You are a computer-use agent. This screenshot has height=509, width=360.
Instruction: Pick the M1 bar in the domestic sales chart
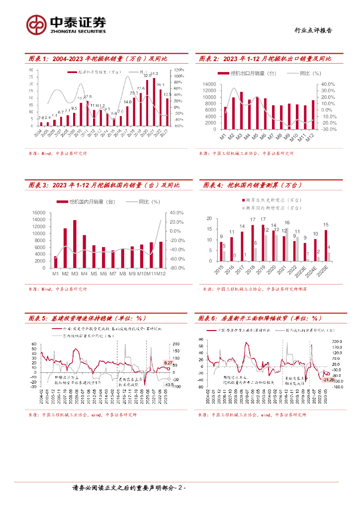pyautogui.click(x=55, y=262)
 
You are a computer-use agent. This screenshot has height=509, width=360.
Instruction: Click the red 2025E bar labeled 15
pyautogui.click(x=326, y=245)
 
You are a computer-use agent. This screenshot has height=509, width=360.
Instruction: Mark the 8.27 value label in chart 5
pyautogui.click(x=168, y=363)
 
